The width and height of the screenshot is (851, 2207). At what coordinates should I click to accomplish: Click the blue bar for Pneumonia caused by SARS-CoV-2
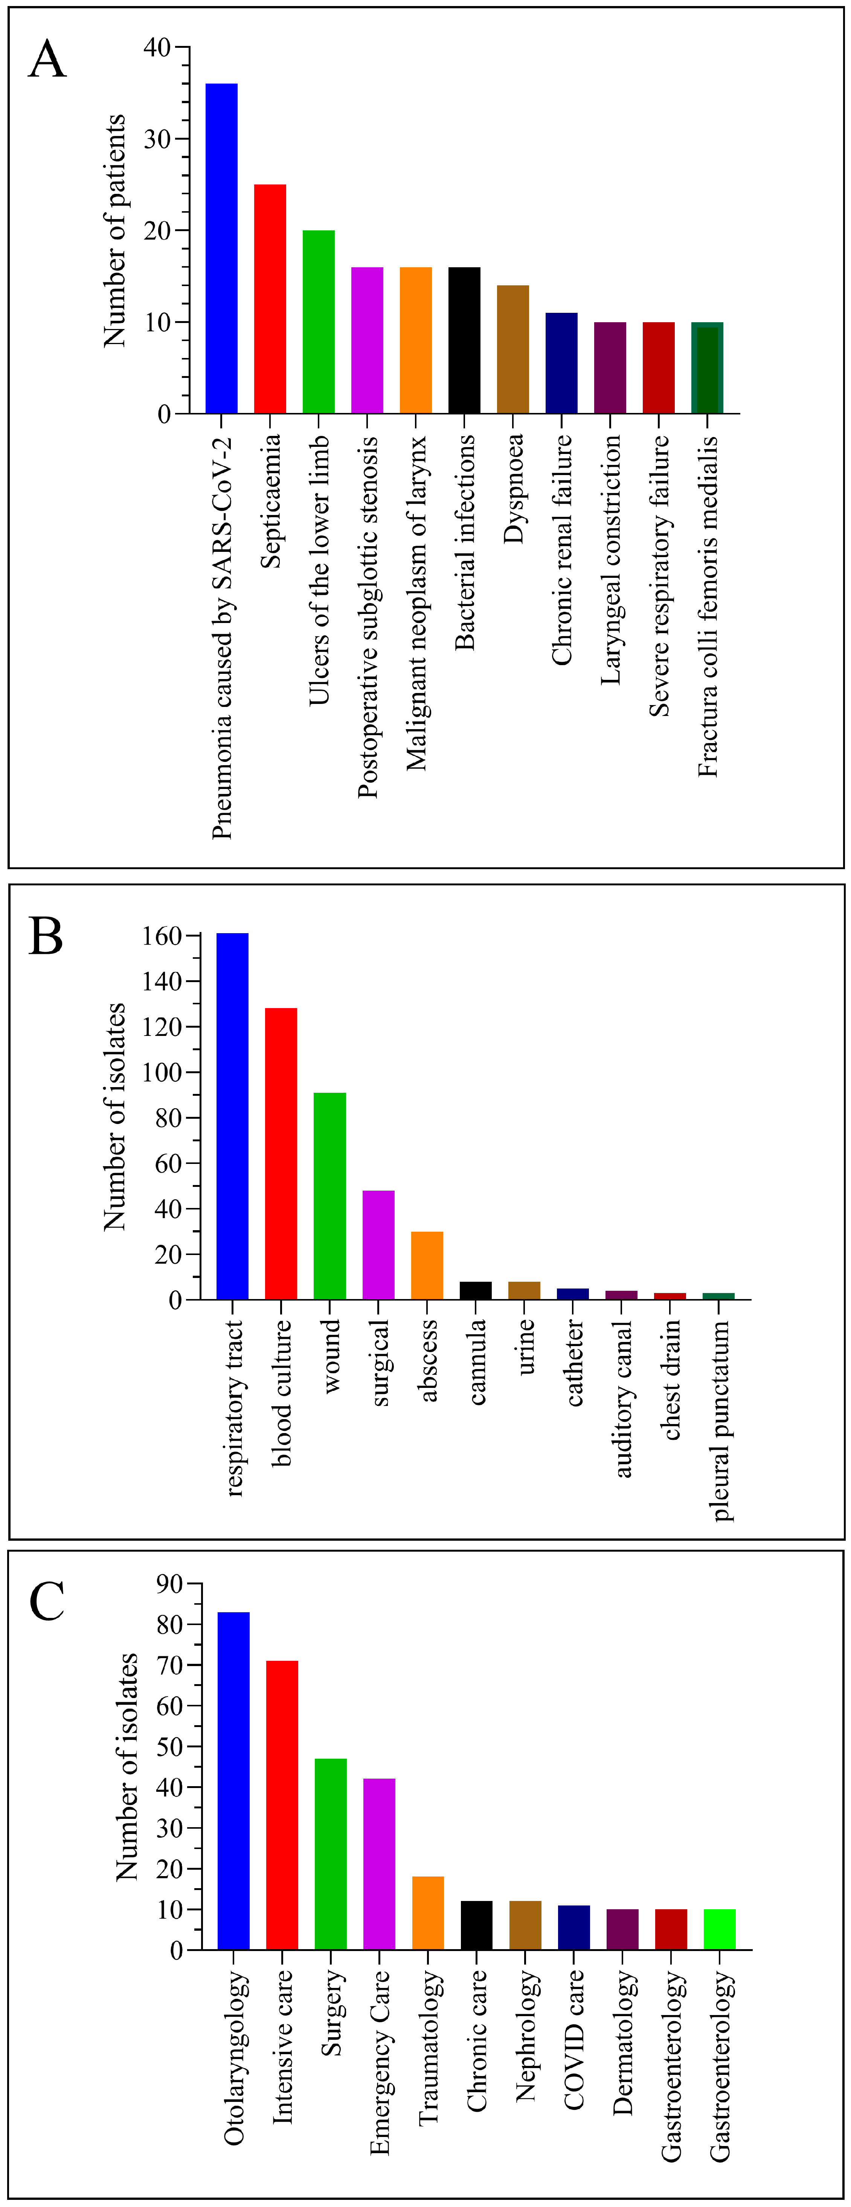221,248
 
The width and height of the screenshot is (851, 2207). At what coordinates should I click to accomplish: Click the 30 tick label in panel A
158,139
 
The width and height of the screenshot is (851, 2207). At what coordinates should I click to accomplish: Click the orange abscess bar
427,1266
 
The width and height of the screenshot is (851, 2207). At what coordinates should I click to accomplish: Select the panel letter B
46,937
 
